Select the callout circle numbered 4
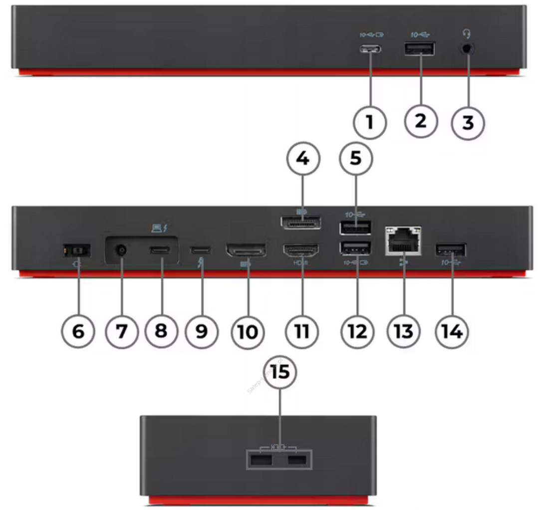pyautogui.click(x=301, y=159)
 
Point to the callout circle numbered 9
pyautogui.click(x=202, y=331)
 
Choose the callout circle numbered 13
pyautogui.click(x=404, y=331)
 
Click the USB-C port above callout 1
pyautogui.click(x=370, y=50)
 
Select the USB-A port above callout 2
pyautogui.click(x=419, y=49)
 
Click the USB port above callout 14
pyautogui.click(x=451, y=250)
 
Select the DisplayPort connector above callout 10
pyautogui.click(x=246, y=250)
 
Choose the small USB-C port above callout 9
pyautogui.click(x=201, y=249)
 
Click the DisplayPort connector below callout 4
pyautogui.click(x=301, y=223)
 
